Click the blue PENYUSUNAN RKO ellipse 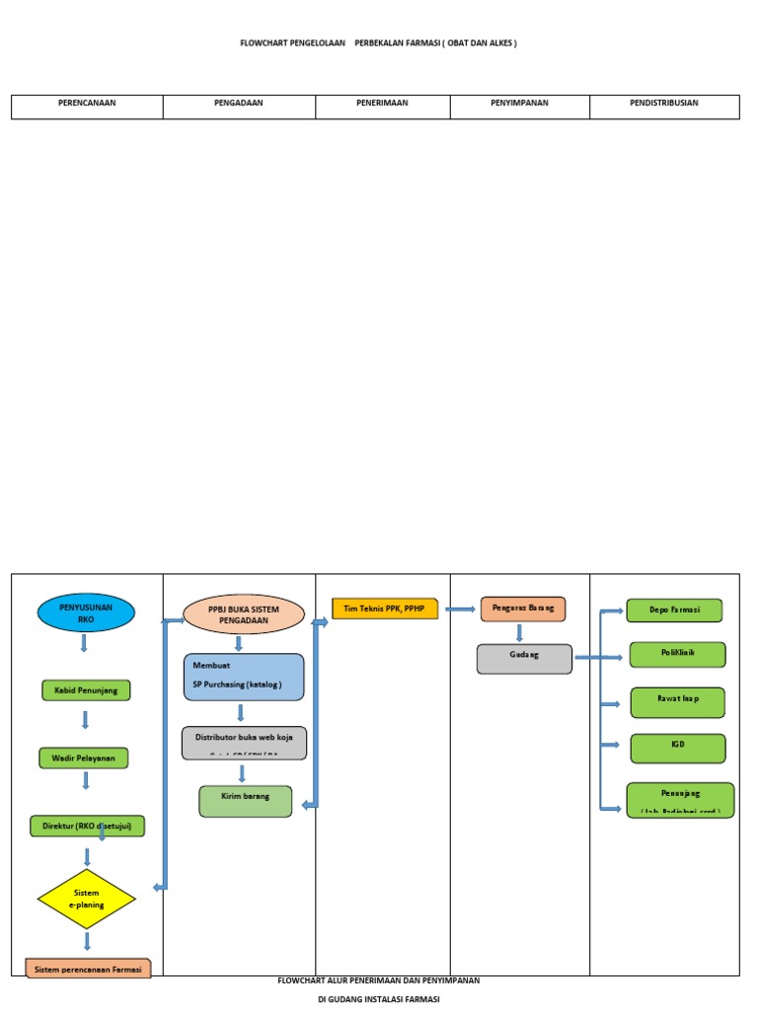click(86, 613)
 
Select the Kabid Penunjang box click(86, 690)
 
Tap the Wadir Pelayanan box click(83, 758)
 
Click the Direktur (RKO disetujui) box click(87, 826)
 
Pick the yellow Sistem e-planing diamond click(86, 899)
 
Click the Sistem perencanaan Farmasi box click(88, 969)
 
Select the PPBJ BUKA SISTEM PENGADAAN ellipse click(244, 614)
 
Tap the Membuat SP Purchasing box click(244, 677)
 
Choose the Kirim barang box click(246, 801)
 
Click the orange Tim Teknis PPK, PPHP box click(384, 609)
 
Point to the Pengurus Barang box click(523, 609)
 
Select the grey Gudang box click(524, 659)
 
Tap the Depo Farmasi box click(674, 610)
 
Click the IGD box click(677, 748)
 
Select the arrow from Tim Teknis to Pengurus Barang click(460, 609)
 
